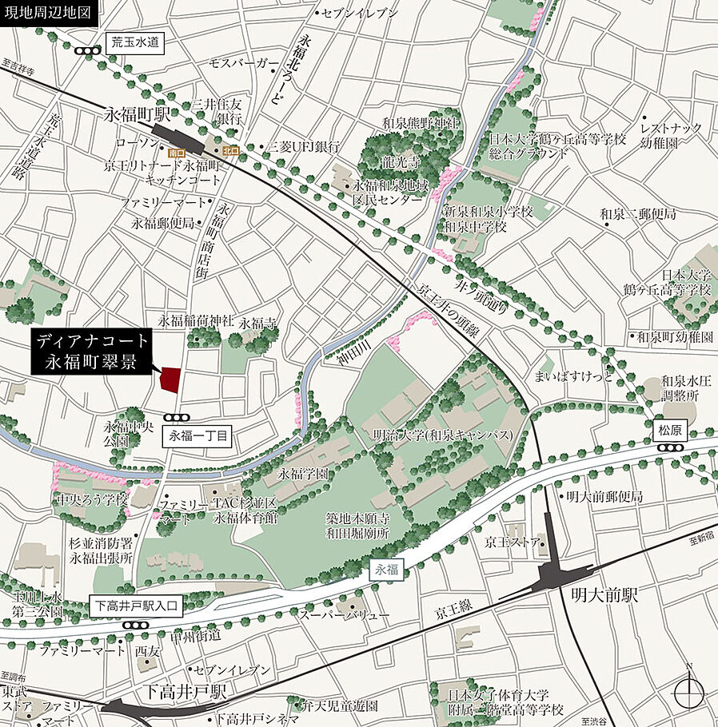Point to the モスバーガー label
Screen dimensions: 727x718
[244, 63]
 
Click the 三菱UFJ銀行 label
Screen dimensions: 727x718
[303, 147]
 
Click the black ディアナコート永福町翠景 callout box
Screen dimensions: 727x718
[91, 351]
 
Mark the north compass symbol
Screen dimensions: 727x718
[688, 689]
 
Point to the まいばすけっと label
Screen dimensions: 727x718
[573, 376]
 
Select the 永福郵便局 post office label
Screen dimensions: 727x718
[163, 224]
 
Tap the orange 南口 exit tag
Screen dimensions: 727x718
[177, 151]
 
